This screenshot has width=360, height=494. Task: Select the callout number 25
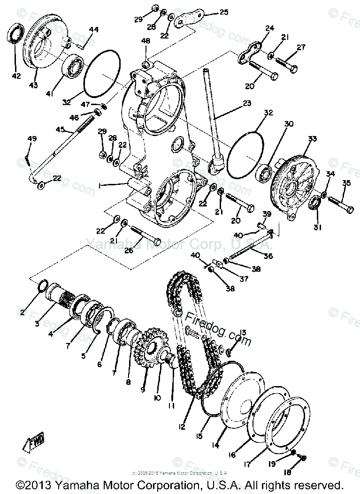(x=223, y=11)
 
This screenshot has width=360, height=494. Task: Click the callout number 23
(x=246, y=103)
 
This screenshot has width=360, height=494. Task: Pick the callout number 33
(x=313, y=139)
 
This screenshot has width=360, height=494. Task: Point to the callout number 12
(x=181, y=427)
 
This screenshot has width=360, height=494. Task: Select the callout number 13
(x=242, y=333)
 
